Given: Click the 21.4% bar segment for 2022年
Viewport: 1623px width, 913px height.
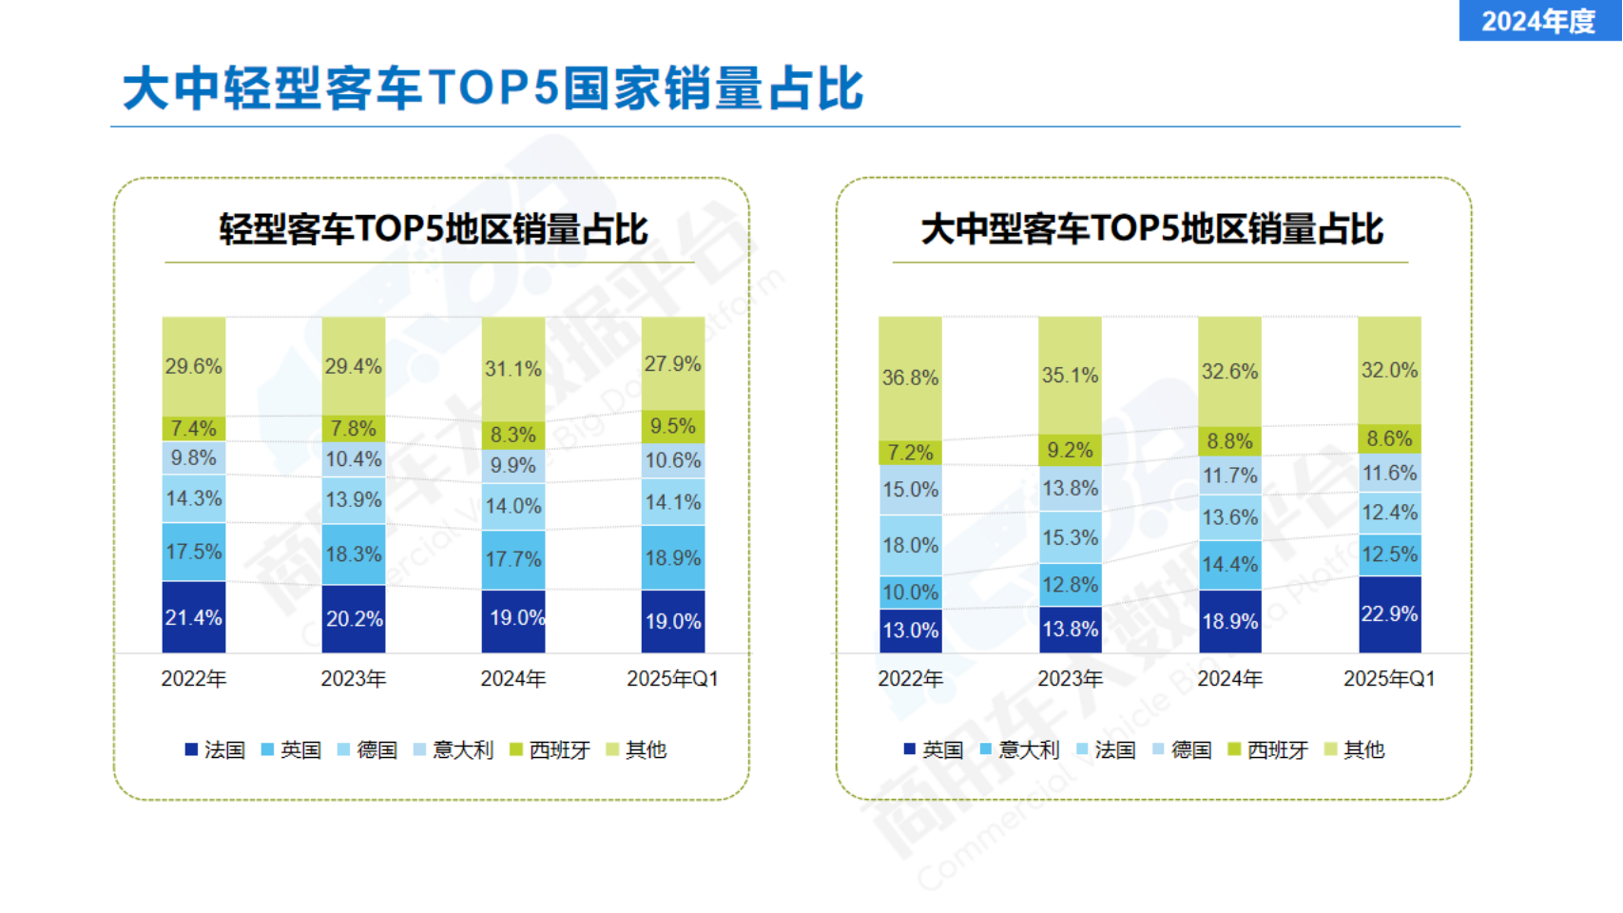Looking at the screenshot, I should click(x=194, y=617).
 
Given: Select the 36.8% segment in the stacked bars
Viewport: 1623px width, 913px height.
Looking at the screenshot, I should click(x=910, y=378).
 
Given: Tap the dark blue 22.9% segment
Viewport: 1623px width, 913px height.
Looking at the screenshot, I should click(x=1389, y=614).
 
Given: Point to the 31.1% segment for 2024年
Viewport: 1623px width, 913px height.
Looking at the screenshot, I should click(x=513, y=369).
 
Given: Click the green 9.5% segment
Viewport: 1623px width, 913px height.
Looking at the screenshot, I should click(x=673, y=426).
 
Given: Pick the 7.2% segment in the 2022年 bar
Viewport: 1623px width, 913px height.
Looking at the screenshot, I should click(x=910, y=452).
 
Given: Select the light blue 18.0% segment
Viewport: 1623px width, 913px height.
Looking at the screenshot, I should click(x=910, y=545).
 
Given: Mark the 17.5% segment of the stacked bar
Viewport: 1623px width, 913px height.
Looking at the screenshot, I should click(x=194, y=552).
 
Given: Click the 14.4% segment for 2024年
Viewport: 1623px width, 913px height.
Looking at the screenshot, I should click(x=1229, y=565).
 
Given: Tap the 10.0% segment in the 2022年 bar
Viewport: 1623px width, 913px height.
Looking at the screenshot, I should click(x=910, y=592).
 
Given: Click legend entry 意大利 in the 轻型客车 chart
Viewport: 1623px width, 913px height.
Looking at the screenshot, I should click(x=454, y=750).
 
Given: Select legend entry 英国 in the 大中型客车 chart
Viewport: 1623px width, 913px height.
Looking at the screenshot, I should click(x=934, y=750).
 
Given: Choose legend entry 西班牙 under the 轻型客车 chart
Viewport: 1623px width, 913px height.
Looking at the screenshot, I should click(x=551, y=750).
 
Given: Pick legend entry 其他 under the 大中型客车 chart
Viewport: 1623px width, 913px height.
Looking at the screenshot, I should click(x=1355, y=750).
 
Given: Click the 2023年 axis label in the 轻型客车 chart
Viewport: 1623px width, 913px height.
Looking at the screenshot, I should click(x=354, y=679).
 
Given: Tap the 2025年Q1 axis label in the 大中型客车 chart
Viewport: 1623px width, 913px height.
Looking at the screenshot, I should click(x=1389, y=679).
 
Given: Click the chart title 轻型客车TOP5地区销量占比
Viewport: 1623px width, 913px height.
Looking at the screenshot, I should click(x=434, y=229).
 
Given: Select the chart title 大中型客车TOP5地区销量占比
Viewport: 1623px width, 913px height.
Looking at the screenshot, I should click(x=1152, y=229).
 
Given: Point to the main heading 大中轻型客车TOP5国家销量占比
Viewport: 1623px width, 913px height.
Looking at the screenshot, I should click(x=493, y=88).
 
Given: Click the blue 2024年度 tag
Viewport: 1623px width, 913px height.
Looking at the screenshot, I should click(x=1539, y=20).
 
